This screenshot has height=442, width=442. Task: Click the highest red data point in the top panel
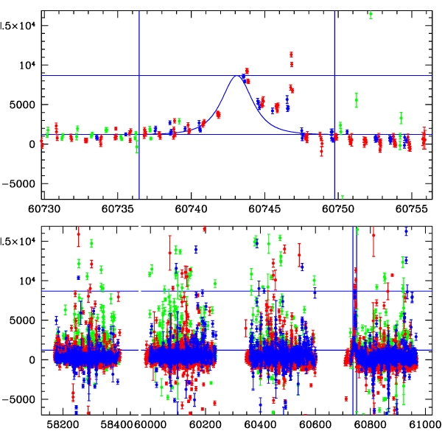292,54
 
